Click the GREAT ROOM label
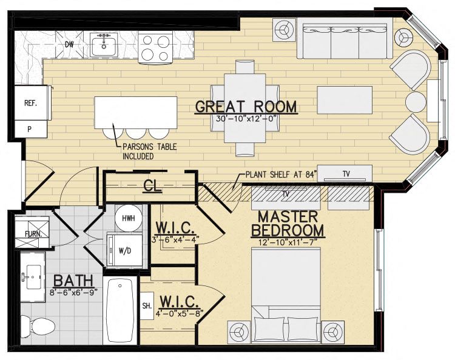246,107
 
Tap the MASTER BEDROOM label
288,224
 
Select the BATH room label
73,281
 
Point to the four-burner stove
156,47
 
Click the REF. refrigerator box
30,103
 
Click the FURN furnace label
33,233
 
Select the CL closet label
152,186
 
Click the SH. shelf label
146,305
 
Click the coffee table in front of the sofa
345,100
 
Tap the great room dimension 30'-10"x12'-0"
246,119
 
